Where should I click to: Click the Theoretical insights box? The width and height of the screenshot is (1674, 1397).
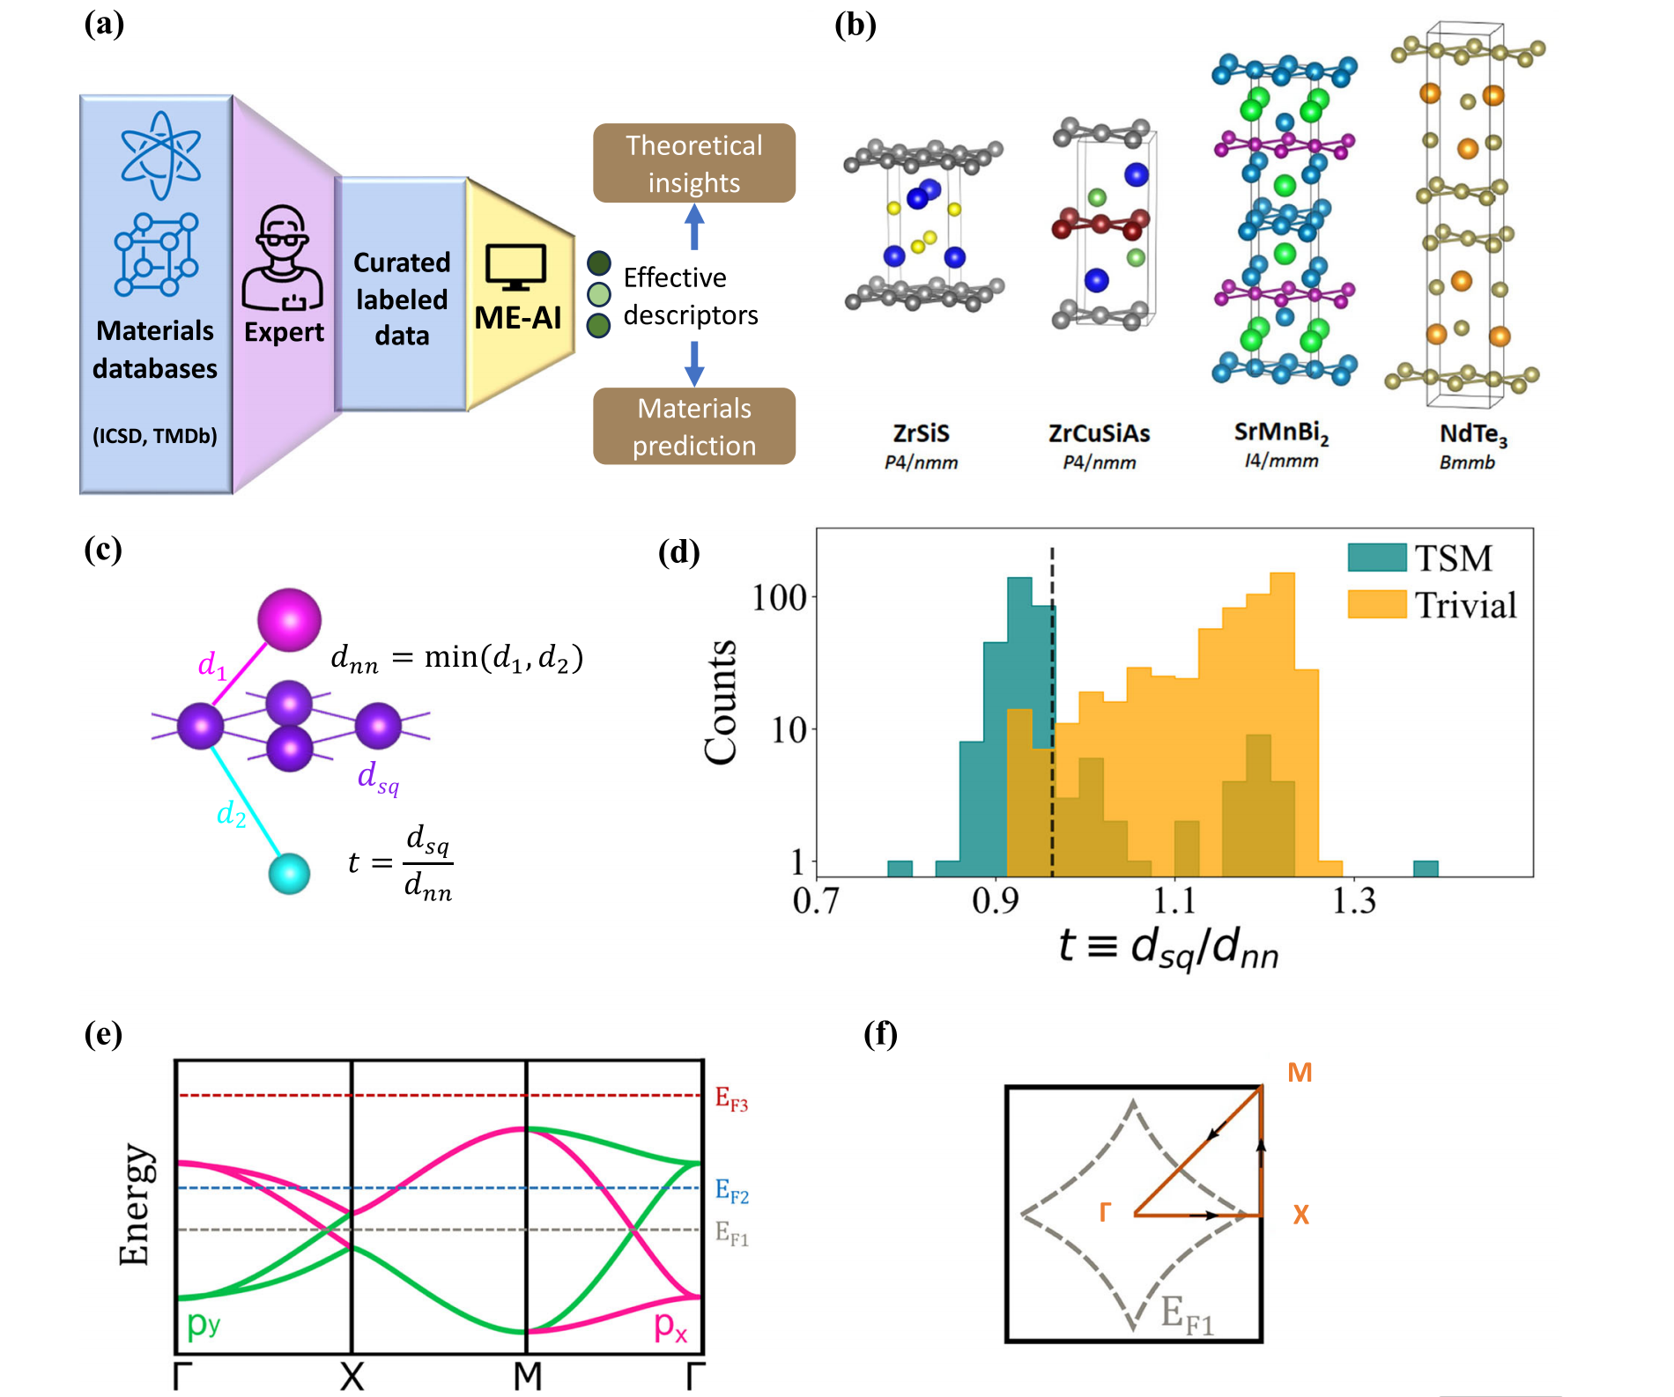point(693,163)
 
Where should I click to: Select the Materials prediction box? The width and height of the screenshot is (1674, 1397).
point(693,426)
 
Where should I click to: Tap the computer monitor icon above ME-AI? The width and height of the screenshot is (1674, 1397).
point(515,267)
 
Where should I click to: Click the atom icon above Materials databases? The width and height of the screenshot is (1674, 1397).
point(160,155)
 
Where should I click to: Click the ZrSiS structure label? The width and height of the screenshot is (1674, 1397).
point(921,433)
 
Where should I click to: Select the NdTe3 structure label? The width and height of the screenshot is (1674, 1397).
point(1472,434)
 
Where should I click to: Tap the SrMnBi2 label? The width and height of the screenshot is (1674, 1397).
point(1280,432)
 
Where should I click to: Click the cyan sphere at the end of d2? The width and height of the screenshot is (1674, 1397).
point(289,874)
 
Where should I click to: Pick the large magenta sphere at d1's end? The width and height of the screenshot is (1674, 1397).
point(289,620)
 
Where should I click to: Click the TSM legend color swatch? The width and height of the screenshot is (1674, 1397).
point(1376,558)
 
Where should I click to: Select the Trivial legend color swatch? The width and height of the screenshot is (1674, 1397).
point(1376,604)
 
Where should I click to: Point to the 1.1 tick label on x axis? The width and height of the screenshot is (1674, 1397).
point(1174,901)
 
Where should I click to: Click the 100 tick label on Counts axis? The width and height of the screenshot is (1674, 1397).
point(778,598)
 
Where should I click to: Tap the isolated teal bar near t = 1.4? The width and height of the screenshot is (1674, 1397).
point(1425,869)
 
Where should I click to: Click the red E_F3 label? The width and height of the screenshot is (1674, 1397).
point(731,1099)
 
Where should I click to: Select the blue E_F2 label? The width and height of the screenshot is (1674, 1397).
point(731,1192)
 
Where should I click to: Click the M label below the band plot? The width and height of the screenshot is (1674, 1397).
point(527,1375)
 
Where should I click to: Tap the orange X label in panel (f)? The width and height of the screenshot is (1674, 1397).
point(1300,1216)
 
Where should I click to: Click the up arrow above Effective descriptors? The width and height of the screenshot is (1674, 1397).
point(694,226)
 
